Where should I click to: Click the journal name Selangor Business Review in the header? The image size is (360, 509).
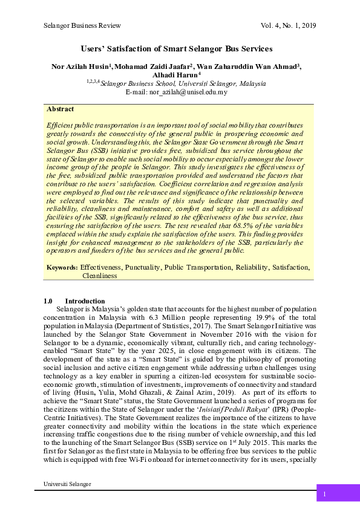click(x=82, y=25)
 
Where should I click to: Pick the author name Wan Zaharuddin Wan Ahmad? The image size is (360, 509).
click(x=249, y=66)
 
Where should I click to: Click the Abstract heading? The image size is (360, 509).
click(x=60, y=109)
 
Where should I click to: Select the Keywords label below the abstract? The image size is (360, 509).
click(x=62, y=267)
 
